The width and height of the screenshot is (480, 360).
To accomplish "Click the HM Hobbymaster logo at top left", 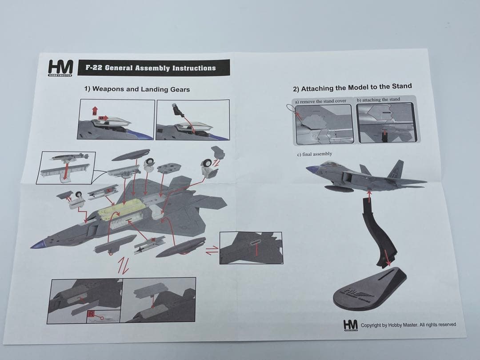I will tap(60, 68).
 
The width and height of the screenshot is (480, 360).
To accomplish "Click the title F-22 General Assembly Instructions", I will tap(150, 68).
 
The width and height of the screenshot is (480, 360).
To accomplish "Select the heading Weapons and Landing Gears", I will tap(137, 89).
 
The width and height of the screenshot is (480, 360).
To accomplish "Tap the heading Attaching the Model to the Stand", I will tap(352, 87).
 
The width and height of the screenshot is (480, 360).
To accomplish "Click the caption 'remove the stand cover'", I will tap(323, 101).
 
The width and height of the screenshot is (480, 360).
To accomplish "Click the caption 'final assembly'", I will tap(314, 154).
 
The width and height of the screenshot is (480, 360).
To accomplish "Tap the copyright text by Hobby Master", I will tap(408, 325).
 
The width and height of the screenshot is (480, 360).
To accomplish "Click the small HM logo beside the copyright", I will tap(350, 326).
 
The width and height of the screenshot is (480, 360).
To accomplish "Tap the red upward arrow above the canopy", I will tap(95, 111).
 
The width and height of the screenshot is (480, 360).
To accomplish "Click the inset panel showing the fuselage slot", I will tap(251, 248).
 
